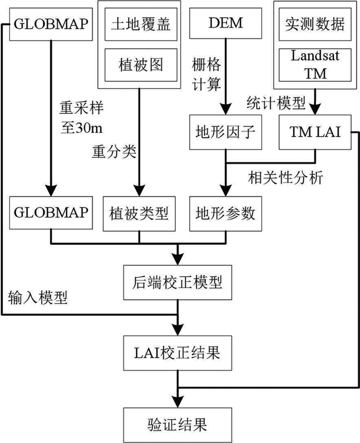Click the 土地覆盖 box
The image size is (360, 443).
coord(141,24)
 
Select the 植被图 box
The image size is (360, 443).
coord(141,65)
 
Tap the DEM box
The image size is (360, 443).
coord(225,23)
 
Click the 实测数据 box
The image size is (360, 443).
coord(315,24)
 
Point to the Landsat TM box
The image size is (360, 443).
coord(315,65)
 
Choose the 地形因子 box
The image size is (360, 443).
coord(225,132)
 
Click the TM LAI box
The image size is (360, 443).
coord(315,132)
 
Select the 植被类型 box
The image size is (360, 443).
coord(139,214)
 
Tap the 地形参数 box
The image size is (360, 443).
coord(225,214)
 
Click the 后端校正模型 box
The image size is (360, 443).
coord(177,283)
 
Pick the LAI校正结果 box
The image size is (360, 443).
coord(177,353)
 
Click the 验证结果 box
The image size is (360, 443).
coord(177,425)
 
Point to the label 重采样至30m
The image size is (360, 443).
coord(81,118)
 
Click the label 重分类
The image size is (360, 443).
coord(114,152)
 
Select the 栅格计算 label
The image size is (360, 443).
coord(206,74)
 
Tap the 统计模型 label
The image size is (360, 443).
coord(276,103)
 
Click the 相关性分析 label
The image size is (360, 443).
coord(285,178)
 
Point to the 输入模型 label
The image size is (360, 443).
coord(38,298)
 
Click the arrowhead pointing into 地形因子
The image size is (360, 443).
coord(225,109)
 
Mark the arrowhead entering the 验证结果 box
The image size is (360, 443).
coord(177,402)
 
